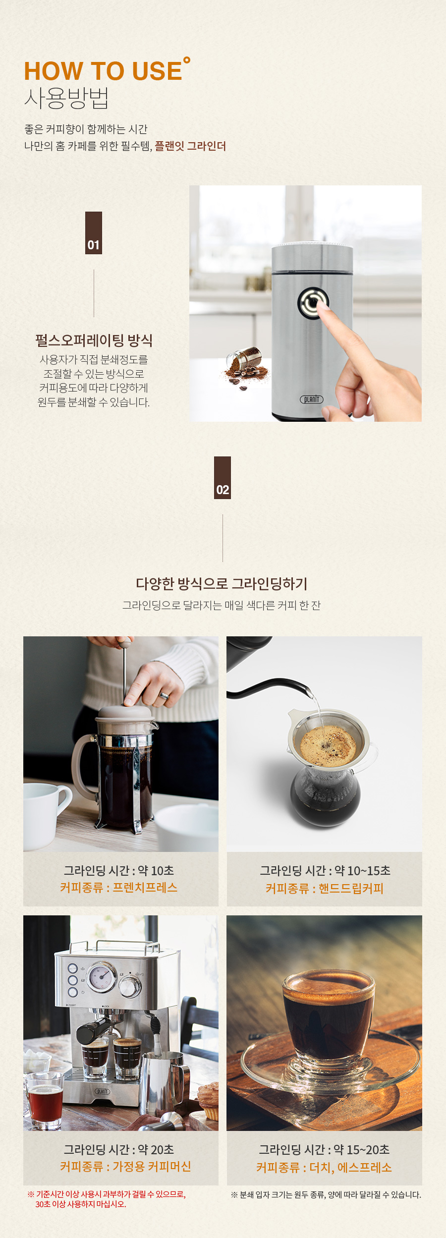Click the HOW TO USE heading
103,71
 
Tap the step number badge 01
94,233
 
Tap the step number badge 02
223,478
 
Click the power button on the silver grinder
313,303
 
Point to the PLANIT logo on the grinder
311,399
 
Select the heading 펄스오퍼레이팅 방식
94,340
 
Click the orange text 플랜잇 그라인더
190,146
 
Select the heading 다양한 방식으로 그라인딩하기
222,584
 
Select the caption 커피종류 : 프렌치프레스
118,888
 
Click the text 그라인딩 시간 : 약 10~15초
325,871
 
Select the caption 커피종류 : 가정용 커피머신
125,1167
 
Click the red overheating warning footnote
107,1199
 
